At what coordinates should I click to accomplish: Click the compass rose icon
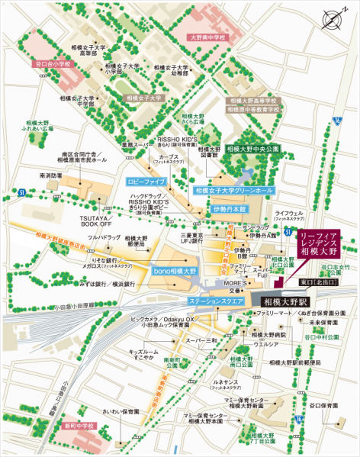tap(332, 19)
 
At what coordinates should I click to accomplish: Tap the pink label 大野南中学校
tap(209, 37)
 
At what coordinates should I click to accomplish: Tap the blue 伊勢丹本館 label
tap(230, 208)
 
